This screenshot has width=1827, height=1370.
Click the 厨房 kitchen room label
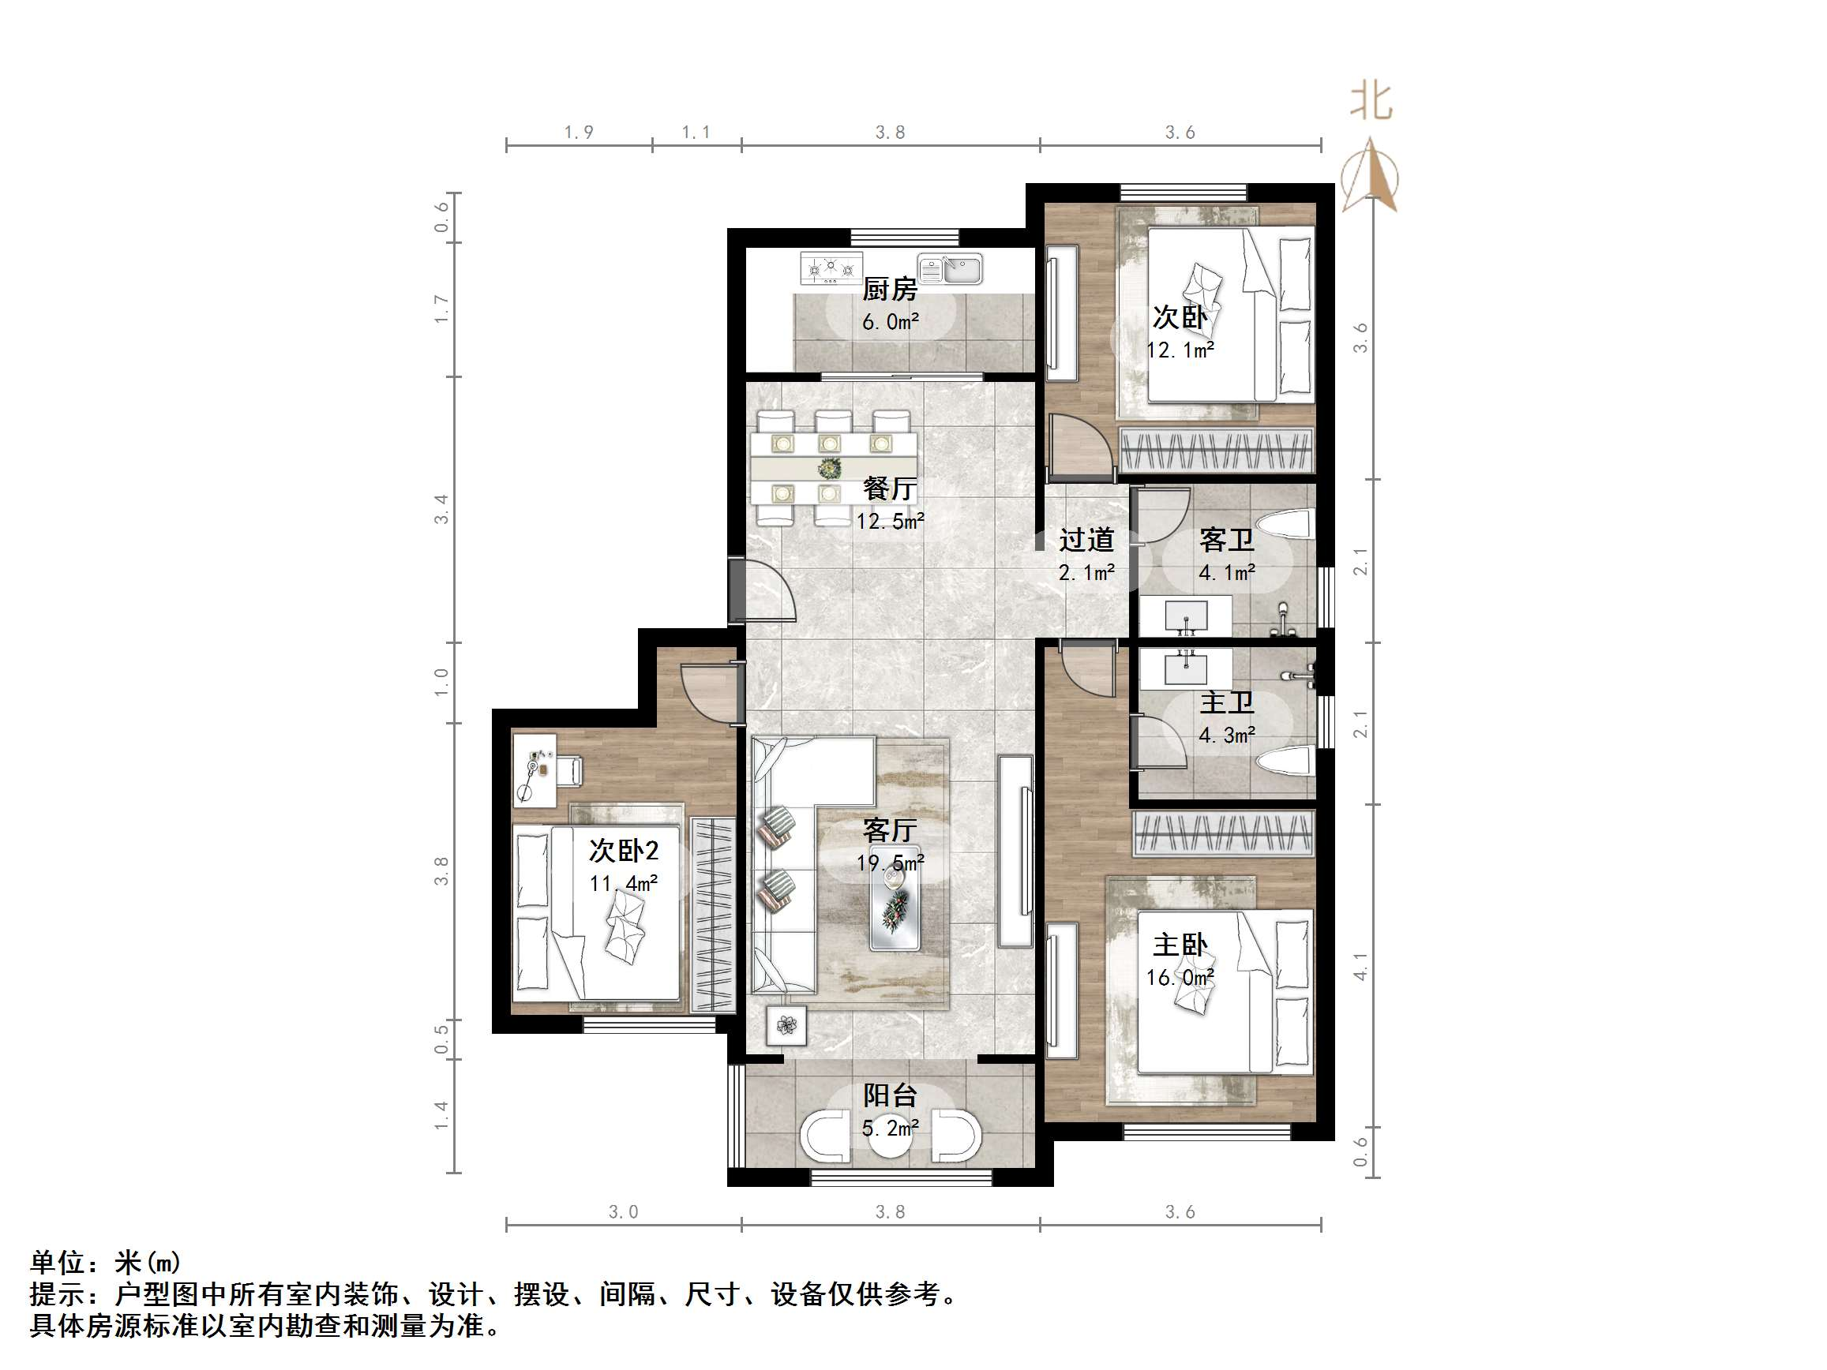click(x=890, y=290)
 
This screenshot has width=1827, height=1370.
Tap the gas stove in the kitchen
click(x=831, y=268)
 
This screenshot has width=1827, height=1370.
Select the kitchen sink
click(x=951, y=269)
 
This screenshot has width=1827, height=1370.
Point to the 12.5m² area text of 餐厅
click(x=890, y=521)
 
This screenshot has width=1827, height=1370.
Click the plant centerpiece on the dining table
click(x=829, y=469)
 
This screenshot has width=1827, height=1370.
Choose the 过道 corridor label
click(x=1087, y=540)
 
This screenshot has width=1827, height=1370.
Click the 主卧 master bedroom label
click(x=1180, y=945)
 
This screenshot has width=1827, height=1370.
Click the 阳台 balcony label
click(x=890, y=1096)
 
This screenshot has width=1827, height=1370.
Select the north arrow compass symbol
click(x=1371, y=178)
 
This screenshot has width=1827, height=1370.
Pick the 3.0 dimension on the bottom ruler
click(x=624, y=1211)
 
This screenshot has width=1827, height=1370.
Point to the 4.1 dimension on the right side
click(x=1360, y=966)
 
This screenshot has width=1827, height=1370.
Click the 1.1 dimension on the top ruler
click(x=696, y=132)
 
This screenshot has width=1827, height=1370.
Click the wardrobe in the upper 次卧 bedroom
click(x=1216, y=450)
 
